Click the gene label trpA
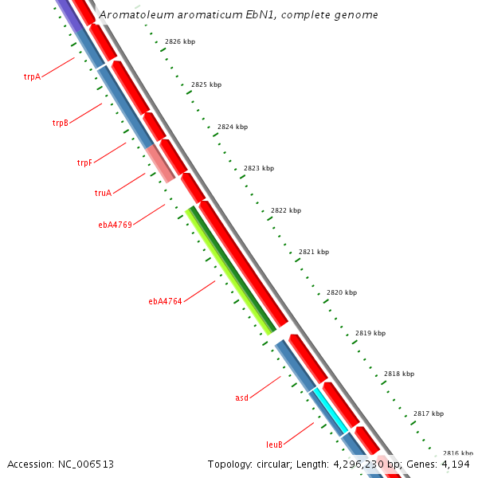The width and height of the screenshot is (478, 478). tap(32, 77)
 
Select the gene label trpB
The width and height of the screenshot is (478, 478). tap(61, 123)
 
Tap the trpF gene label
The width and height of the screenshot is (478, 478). tap(84, 163)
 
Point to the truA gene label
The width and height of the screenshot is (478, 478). tap(103, 193)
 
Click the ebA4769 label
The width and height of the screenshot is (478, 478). tap(115, 225)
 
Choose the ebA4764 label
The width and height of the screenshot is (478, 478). tap(165, 301)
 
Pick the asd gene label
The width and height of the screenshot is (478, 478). tap(242, 397)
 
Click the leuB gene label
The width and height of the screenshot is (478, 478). tap(274, 445)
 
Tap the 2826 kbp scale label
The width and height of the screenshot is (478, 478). tap(180, 41)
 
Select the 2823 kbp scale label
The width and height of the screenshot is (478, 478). tap(259, 168)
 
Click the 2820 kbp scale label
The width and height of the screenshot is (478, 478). tap(342, 293)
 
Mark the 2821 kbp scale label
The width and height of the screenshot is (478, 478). tap(314, 252)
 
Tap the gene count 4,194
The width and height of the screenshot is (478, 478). tap(456, 464)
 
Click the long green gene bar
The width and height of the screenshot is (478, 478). tap(231, 271)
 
